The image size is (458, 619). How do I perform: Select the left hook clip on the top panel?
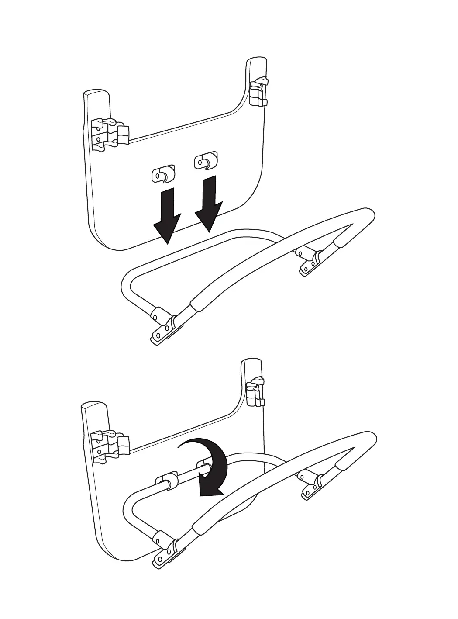click(x=163, y=174)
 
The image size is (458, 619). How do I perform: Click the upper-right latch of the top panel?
click(x=258, y=92)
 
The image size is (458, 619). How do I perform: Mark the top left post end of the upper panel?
click(x=96, y=94)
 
